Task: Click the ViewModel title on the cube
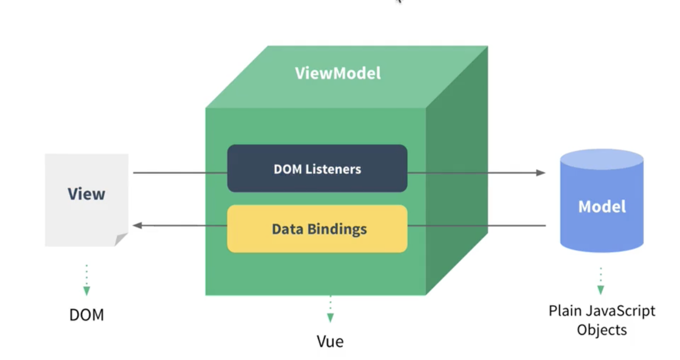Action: (338, 73)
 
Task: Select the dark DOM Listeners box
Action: (317, 169)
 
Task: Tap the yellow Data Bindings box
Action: (317, 229)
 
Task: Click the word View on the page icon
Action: (86, 194)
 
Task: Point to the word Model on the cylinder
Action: (602, 206)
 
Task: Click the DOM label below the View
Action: (86, 315)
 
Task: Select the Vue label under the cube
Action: (330, 341)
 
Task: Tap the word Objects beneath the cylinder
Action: (602, 329)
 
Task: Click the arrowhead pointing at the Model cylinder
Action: (541, 173)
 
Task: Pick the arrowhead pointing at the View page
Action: (138, 226)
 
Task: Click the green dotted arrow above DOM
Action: (86, 281)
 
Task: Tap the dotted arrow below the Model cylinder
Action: (601, 282)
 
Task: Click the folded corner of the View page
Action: (121, 239)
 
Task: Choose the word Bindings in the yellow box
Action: (337, 229)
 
